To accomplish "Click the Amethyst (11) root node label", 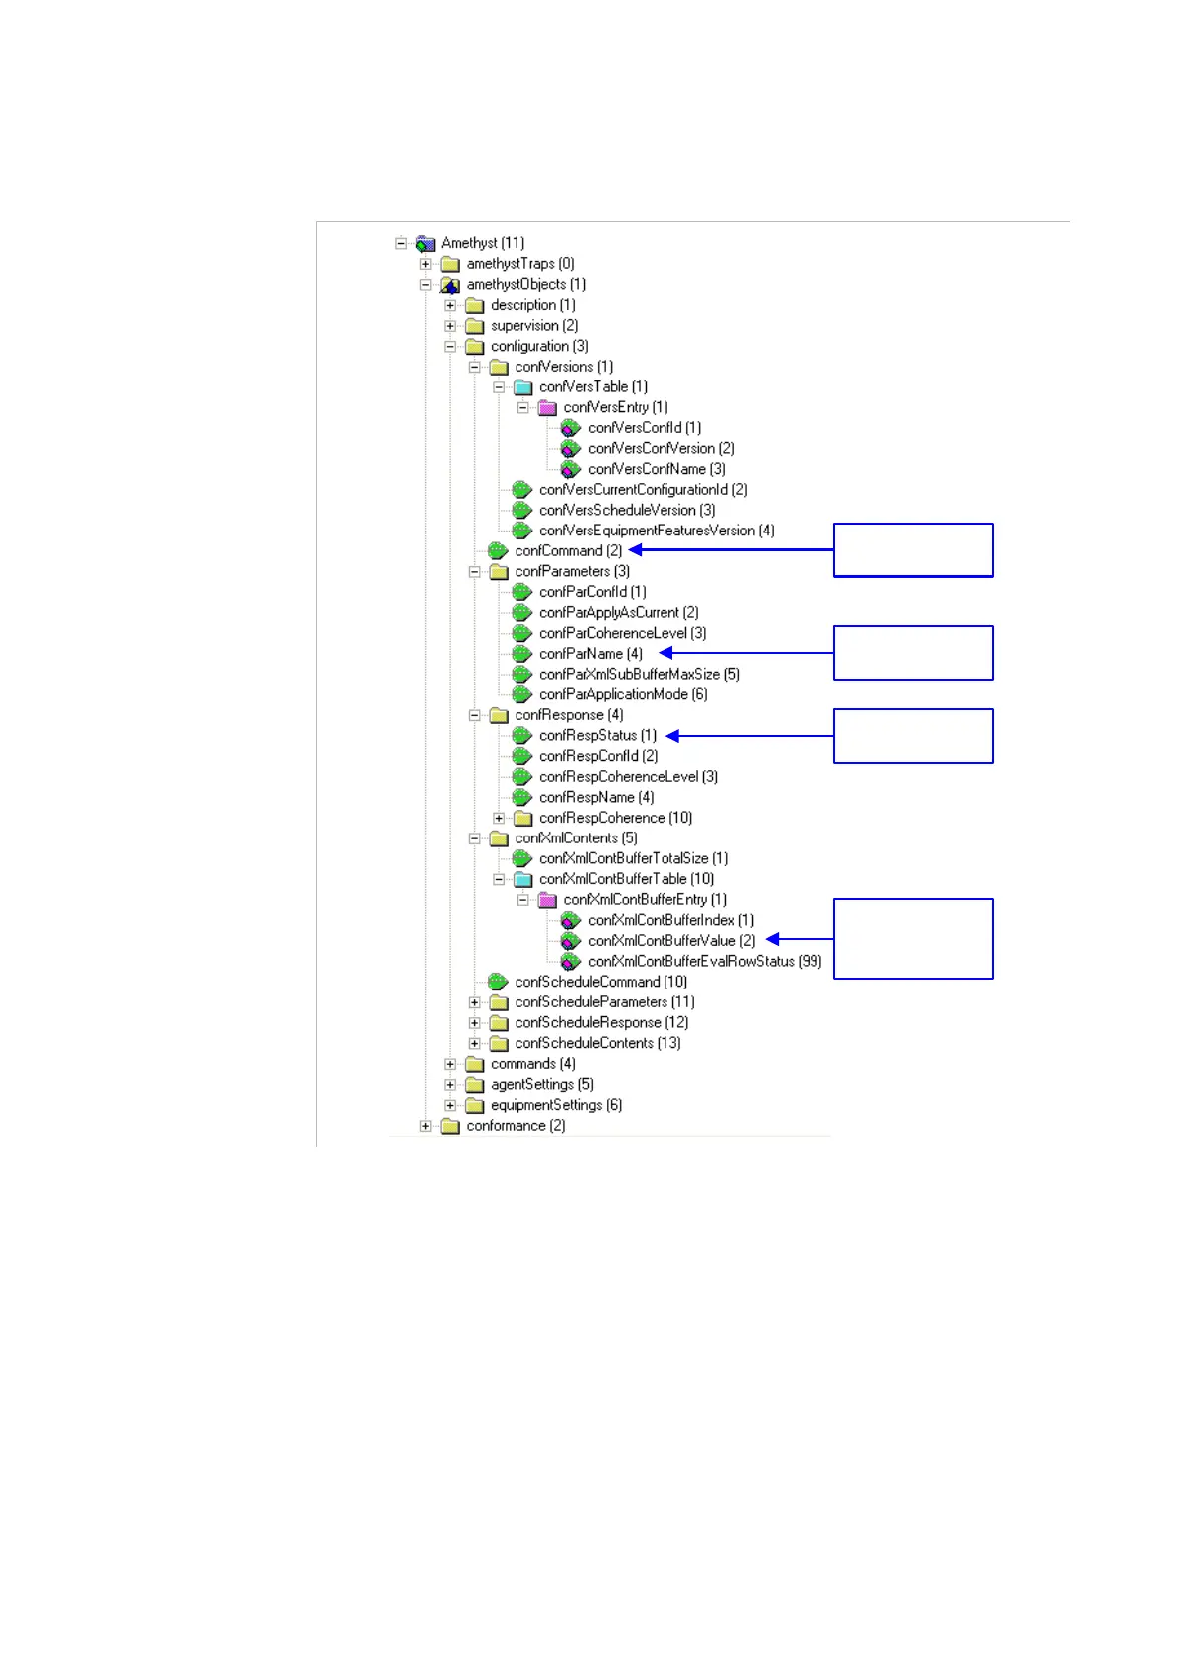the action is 483,243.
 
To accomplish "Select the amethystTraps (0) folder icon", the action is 450,264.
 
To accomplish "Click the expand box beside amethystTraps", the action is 426,264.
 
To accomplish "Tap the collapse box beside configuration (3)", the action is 450,347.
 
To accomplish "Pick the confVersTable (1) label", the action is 593,387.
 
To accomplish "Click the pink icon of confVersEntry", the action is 547,408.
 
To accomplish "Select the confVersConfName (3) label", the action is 657,469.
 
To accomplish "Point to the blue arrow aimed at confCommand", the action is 731,550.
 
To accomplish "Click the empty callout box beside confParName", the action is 913,653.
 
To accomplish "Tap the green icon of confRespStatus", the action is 522,736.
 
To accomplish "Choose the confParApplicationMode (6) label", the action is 623,694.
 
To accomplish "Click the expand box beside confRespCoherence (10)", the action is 499,818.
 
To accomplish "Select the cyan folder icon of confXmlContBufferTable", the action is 522,879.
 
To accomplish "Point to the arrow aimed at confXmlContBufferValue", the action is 800,939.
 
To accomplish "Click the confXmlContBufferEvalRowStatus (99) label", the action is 704,962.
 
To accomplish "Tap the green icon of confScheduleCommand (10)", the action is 498,982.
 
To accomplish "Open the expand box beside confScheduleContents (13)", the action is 475,1043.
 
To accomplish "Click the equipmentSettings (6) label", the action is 555,1105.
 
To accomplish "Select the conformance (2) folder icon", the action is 450,1126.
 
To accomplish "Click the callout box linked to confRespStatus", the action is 913,736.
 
